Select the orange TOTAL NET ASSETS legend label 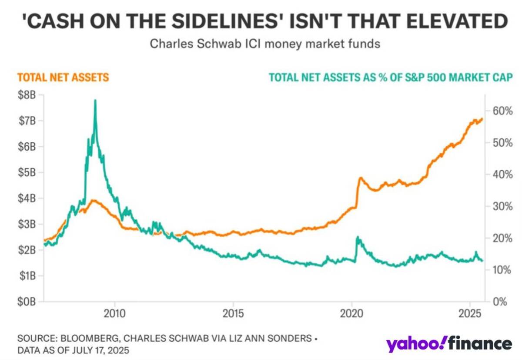(63, 78)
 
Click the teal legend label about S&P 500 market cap (391, 78)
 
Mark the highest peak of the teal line (95, 101)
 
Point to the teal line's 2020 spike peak (357, 237)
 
